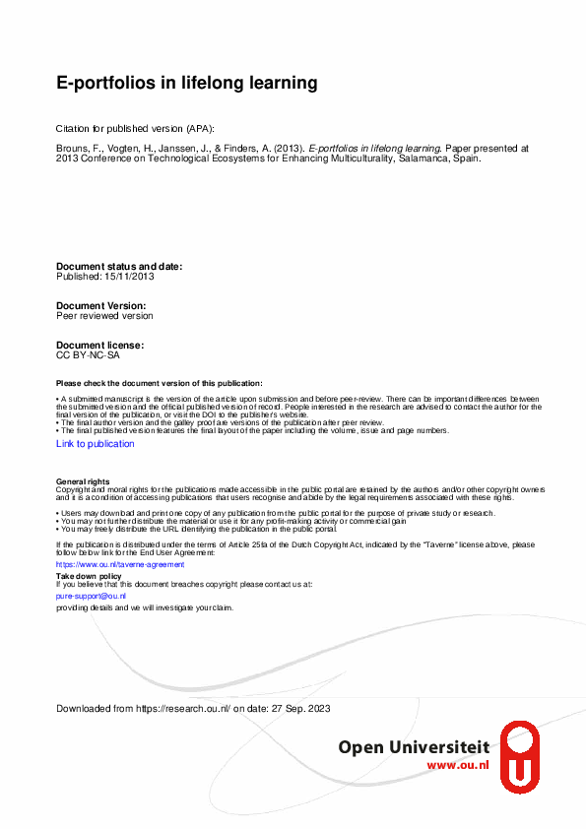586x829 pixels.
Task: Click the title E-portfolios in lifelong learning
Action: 186,84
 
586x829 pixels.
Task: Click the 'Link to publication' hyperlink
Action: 96,444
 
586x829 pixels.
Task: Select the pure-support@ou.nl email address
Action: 91,596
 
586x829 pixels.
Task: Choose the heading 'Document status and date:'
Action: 119,267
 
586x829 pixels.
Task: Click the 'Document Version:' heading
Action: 101,306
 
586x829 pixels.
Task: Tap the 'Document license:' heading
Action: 100,346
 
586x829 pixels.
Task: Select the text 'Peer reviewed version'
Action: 104,316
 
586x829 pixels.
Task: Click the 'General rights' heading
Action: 83,480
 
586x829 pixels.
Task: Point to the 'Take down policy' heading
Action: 89,575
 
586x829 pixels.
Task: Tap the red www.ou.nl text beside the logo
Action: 457,765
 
